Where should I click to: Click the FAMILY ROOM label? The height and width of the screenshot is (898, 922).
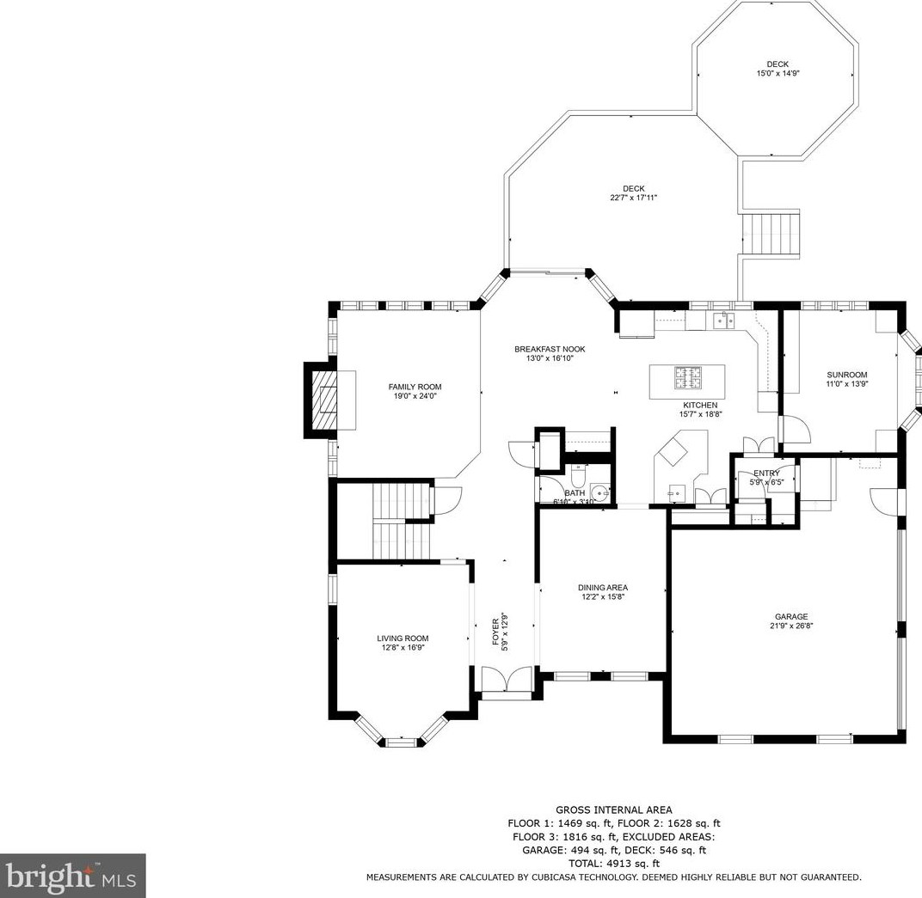tap(415, 387)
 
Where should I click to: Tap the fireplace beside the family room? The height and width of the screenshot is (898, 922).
tap(322, 400)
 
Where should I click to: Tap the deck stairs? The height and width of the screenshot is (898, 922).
tap(771, 233)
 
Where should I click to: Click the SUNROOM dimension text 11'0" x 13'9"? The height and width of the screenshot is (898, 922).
tap(846, 383)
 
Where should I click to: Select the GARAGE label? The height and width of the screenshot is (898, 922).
tap(791, 617)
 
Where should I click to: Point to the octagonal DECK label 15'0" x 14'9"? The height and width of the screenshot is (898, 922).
tap(778, 73)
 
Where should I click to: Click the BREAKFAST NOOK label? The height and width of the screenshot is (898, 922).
tap(550, 349)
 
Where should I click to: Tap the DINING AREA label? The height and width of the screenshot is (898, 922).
tap(603, 587)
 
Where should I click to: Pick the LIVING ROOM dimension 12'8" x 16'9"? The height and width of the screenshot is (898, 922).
tap(403, 648)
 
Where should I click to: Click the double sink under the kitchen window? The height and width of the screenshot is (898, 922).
tap(724, 321)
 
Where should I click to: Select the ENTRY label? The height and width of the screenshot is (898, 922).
tap(766, 473)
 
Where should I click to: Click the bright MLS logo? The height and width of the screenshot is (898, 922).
tap(72, 877)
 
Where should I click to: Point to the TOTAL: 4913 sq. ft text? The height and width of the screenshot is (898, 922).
tap(614, 864)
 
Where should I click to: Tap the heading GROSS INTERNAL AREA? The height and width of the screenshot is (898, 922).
tap(614, 809)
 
